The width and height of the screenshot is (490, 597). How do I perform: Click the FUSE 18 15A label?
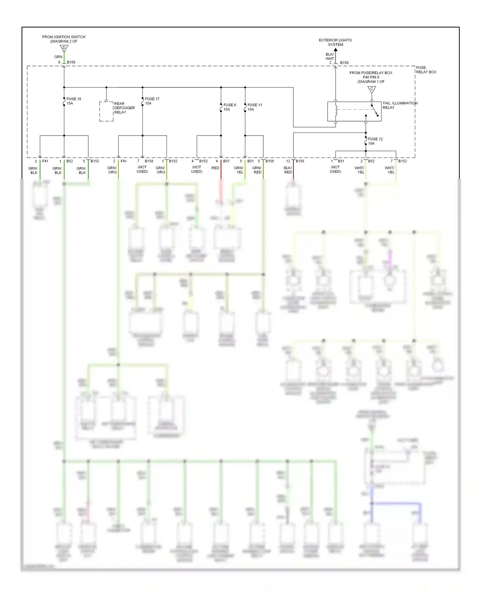pos(73,101)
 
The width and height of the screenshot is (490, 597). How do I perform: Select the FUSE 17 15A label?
pos(152,101)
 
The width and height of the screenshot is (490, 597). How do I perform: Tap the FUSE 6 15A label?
pos(230,107)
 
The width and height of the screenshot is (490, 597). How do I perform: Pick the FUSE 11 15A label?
pos(254,107)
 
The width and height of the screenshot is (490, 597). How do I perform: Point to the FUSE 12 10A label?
pos(375,141)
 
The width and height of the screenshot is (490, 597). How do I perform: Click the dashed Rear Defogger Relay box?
pos(106,111)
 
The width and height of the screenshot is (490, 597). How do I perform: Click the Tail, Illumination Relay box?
pos(354,111)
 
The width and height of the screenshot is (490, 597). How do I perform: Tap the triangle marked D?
pos(64,48)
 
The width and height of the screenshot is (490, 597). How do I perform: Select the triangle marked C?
pos(371,89)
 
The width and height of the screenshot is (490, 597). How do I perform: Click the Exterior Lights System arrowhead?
pos(335,50)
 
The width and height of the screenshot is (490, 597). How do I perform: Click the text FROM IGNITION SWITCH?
pos(64,37)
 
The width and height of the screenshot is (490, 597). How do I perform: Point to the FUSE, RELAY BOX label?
pos(426,70)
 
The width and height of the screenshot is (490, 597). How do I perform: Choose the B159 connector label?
pos(71,62)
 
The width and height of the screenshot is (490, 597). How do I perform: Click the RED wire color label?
pos(215,168)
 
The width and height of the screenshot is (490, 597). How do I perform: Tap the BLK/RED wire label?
pos(288,170)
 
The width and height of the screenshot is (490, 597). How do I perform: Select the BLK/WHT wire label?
pos(330,56)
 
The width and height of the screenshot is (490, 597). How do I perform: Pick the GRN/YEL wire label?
pos(239,170)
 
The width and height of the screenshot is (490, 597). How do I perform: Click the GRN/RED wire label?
pos(257,170)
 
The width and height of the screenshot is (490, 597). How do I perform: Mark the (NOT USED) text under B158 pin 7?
pos(142,169)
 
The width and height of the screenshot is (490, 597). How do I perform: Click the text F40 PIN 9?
pos(371,77)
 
